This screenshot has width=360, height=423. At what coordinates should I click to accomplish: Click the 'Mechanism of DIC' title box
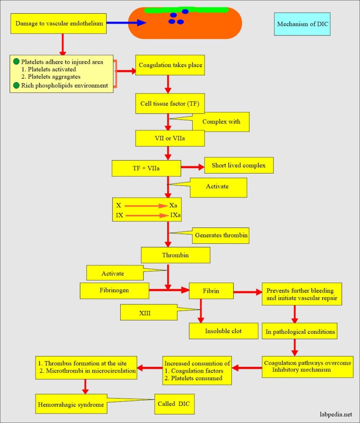pos(302,24)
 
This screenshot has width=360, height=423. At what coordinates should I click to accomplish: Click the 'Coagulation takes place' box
pos(170,65)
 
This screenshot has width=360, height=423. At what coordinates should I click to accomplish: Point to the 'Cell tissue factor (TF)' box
pos(170,103)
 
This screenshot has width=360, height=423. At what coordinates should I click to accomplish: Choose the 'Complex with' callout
pos(221,122)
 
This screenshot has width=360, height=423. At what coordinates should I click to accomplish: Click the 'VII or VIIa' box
pos(170,138)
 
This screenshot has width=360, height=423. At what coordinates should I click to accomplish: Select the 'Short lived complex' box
pos(238,165)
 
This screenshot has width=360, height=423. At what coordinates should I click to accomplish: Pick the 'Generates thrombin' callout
pos(221,235)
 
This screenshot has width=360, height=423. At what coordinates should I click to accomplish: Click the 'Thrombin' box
pos(175,255)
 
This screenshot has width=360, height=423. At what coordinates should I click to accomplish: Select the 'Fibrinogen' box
pos(114,290)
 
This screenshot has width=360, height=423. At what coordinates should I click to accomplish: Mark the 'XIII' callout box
pos(148,312)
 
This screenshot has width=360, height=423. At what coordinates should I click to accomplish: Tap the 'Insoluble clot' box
pos(223,331)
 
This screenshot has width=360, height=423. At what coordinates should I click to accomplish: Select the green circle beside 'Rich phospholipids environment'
pos(16,86)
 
